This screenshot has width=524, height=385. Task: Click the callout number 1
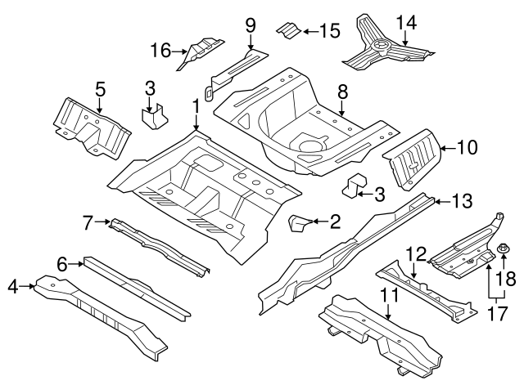[x=196, y=106]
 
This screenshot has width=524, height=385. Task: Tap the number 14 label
[x=405, y=21]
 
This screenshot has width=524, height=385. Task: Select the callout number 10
[x=467, y=148]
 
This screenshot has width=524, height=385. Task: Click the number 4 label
[x=11, y=285]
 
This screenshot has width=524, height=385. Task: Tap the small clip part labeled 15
[x=286, y=30]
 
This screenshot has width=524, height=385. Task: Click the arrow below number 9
[x=251, y=41]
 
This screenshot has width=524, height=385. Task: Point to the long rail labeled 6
[x=139, y=286]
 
